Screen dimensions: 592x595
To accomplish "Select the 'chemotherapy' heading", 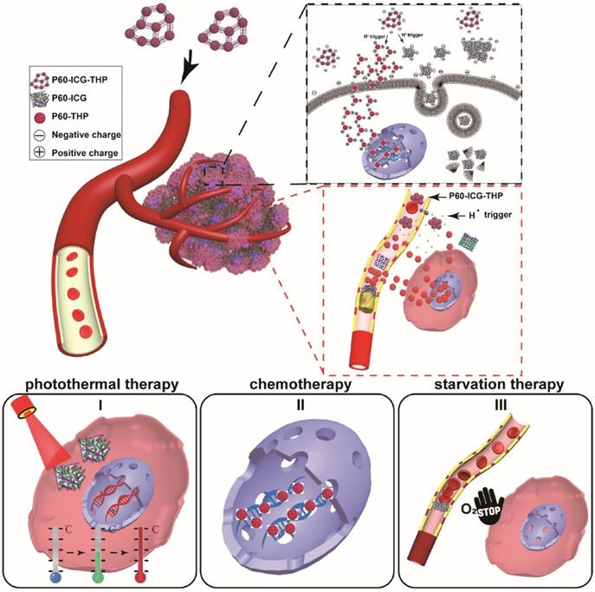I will tap(297, 384).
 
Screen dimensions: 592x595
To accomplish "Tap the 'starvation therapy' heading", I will tap(496, 384).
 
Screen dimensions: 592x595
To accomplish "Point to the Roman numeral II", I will tap(298, 404).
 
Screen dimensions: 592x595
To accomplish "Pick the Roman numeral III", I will tap(495, 404).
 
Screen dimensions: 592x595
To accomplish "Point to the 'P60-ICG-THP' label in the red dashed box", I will tap(497, 198).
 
